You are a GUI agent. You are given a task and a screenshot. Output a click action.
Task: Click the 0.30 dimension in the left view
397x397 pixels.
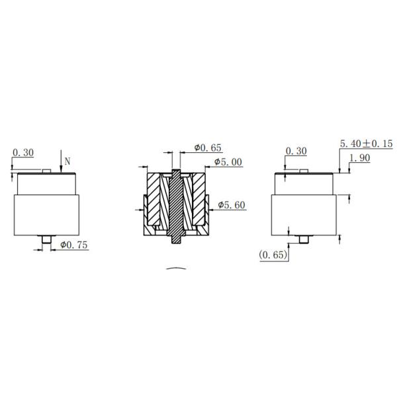[x=23, y=153]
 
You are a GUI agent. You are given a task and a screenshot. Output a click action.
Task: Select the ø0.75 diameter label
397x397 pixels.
[x=73, y=245]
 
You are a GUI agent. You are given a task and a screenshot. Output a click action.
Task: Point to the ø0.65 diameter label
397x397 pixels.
[x=206, y=147]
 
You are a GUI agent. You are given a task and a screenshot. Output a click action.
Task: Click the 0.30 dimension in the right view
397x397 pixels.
[x=296, y=152]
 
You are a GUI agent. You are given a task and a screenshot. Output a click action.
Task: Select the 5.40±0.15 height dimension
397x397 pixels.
[x=366, y=144]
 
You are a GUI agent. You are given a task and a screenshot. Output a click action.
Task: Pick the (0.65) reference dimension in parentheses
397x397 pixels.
[x=273, y=255]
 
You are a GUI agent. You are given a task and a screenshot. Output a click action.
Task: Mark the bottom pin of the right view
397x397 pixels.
[x=305, y=240]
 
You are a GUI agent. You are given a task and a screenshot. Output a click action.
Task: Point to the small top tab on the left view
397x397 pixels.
[x=46, y=171]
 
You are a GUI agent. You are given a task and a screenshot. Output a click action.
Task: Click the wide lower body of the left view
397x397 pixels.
[x=47, y=215]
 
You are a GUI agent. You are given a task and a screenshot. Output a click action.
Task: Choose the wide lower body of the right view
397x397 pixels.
[x=304, y=215]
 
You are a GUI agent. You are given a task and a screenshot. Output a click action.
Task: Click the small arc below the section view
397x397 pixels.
[x=177, y=269]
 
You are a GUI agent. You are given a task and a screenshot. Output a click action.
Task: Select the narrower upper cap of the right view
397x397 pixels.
[x=305, y=183]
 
